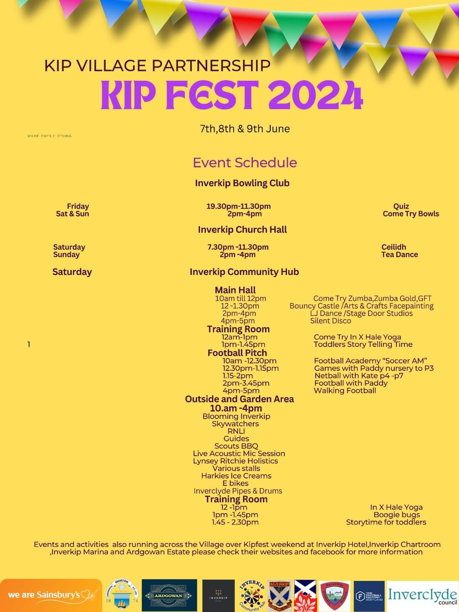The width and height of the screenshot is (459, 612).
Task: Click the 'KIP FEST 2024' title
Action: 232,95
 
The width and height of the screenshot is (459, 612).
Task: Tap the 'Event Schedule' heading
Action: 245,162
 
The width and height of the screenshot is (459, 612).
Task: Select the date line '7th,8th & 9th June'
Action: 245,129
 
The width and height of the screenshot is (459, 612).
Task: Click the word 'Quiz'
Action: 401,206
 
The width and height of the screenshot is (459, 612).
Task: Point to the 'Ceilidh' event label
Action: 394,247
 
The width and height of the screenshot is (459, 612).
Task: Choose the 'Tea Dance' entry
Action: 399,255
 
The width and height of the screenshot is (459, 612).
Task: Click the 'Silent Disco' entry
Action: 330,321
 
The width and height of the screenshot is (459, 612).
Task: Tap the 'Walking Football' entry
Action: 345,391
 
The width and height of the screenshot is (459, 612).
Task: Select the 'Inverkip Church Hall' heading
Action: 242,229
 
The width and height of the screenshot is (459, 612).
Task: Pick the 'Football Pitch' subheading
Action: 237,353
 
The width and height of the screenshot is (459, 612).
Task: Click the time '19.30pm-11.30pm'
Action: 238,206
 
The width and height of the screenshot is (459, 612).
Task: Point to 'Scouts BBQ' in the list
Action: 236,446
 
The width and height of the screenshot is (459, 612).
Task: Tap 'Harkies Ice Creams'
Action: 236,476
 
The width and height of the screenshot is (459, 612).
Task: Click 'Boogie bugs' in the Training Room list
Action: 397,515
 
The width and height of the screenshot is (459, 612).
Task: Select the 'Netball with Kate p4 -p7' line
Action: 359,376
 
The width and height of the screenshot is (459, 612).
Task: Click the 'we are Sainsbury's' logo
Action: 51,595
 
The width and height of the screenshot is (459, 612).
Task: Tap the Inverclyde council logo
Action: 422,596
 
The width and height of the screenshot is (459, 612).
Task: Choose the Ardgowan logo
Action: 169,595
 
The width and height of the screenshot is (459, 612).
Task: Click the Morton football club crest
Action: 122,595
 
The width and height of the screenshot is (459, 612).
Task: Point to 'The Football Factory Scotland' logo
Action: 369,596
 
